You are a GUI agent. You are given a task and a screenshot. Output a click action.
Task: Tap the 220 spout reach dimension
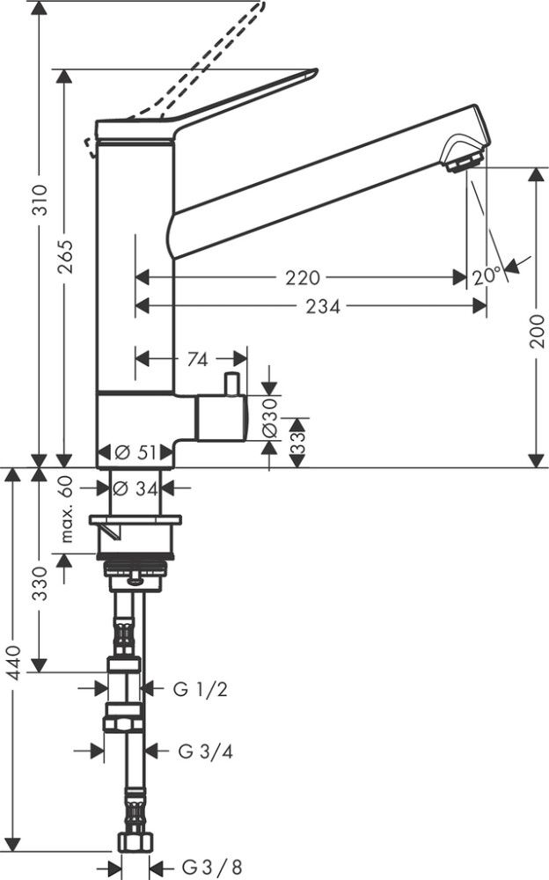tap(302, 277)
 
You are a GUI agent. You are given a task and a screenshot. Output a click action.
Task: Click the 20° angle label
tap(486, 275)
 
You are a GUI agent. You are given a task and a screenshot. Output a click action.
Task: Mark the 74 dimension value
tap(198, 359)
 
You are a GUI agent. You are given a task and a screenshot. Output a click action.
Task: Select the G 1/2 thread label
tap(201, 689)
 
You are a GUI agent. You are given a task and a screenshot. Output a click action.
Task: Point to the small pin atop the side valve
tap(232, 385)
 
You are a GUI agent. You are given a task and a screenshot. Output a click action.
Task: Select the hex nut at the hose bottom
tap(131, 842)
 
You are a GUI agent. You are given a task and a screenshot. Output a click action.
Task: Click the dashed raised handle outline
tap(211, 62)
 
